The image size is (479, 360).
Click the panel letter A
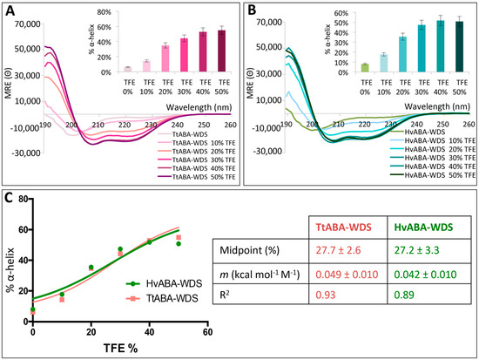pos(10,10)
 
